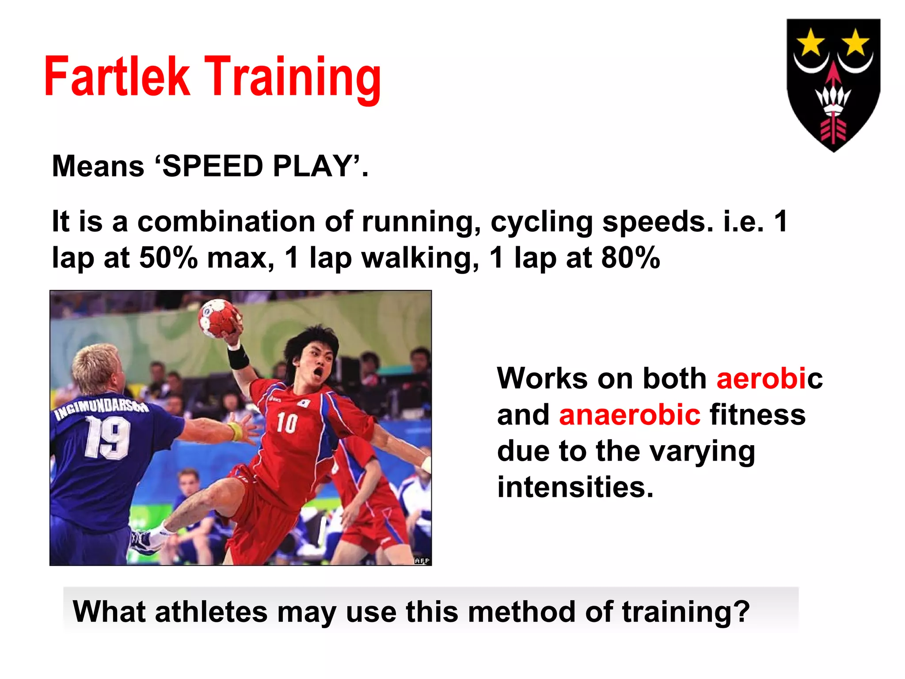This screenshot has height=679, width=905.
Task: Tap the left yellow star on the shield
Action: [810, 42]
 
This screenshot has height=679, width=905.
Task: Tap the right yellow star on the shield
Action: [856, 42]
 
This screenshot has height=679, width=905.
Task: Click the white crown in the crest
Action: [833, 99]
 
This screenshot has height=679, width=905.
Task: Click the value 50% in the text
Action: [168, 257]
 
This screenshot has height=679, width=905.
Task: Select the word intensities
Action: [574, 487]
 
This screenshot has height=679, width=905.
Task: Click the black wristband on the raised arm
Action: [238, 357]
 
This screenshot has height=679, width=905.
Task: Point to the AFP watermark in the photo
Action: [422, 561]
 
